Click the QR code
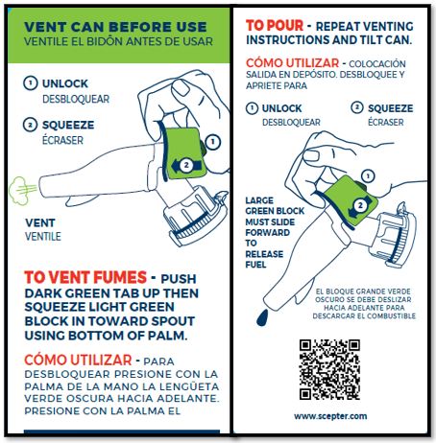pos(329,369)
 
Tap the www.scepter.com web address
pos(330,416)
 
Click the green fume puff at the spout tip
pos(19,191)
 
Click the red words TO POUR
pos(275,26)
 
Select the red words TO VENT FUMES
pos(85,277)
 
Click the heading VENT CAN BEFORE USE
pos(115,27)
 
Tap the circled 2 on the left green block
pos(186,165)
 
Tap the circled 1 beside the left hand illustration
pos(213,142)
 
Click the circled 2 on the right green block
pos(360,205)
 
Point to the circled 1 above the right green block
pos(368,176)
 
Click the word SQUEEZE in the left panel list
pos(68,125)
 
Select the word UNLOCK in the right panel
pos(281,108)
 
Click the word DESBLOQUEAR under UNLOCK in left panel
pos(76,99)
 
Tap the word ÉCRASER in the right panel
pos(386,122)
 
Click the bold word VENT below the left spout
pos(40,222)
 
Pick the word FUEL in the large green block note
pos(255,265)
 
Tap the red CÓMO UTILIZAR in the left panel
pos(78,361)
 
